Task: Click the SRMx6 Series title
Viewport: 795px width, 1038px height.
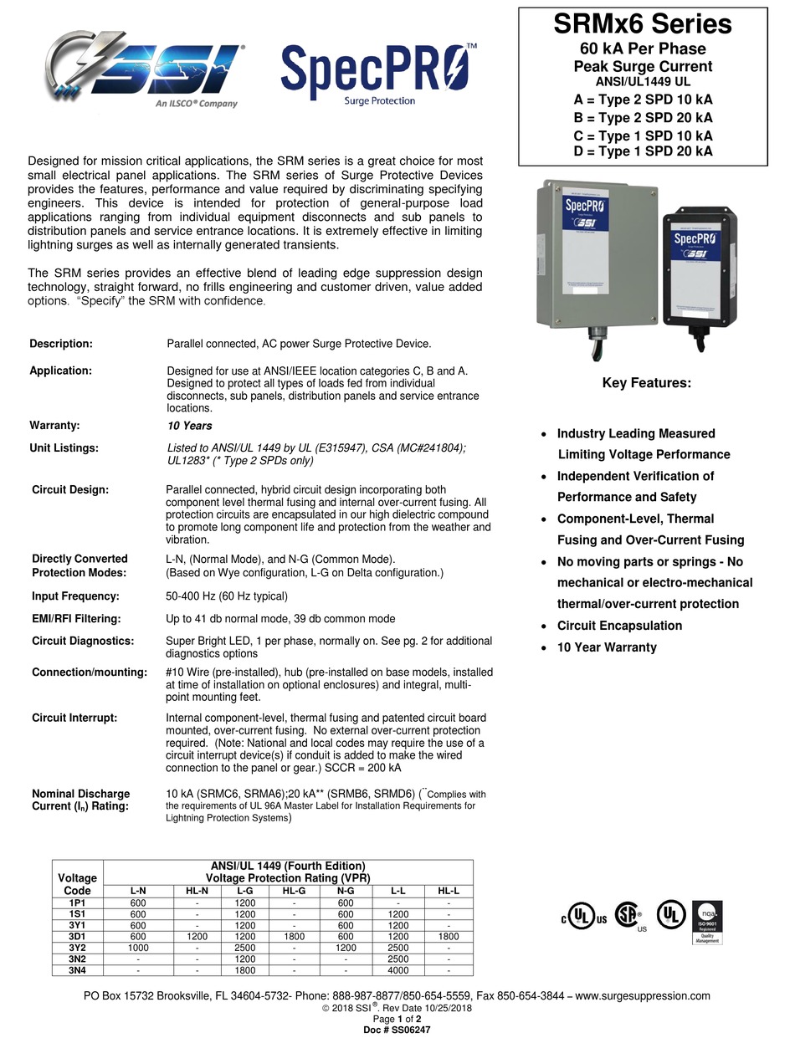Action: [643, 24]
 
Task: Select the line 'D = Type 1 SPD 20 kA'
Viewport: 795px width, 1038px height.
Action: [643, 151]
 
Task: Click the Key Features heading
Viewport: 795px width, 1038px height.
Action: [647, 383]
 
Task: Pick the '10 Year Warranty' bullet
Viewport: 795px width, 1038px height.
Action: [607, 647]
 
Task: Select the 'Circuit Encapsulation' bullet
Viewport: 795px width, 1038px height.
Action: [619, 626]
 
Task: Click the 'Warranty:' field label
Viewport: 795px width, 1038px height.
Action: [54, 425]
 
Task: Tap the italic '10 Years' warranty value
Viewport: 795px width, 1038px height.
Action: [189, 426]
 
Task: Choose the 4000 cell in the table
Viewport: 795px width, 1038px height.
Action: [398, 970]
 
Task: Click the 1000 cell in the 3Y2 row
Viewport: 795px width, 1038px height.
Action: [138, 949]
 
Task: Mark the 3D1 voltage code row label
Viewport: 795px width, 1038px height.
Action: [77, 937]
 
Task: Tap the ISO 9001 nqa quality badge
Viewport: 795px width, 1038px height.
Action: [707, 923]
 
